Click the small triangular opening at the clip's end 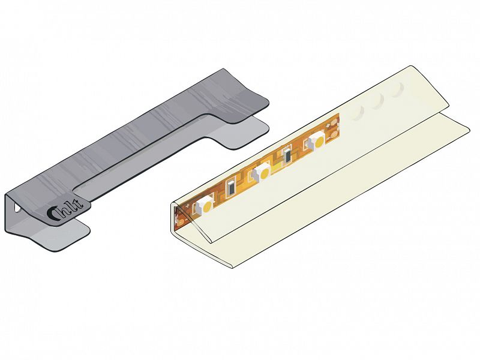pos(17,208)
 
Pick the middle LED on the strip pos(262,172)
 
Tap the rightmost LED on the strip pos(317,140)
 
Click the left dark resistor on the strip pos(231,187)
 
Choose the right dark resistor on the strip pos(288,155)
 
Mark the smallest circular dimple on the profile pos(358,113)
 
